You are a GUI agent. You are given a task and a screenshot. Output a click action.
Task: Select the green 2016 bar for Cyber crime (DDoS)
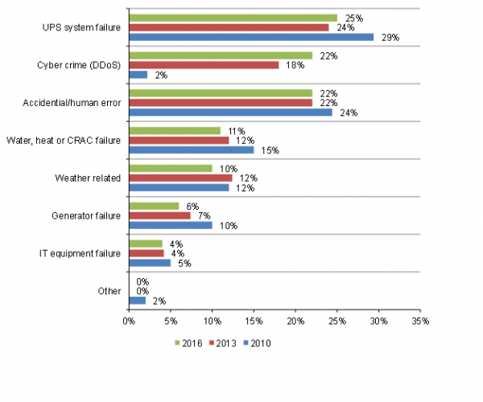221,55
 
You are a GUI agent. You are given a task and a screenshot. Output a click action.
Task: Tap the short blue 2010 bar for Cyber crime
138,74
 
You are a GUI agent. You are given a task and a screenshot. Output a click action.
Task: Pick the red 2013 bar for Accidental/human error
221,102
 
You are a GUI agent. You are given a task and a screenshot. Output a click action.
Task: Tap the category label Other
109,290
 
